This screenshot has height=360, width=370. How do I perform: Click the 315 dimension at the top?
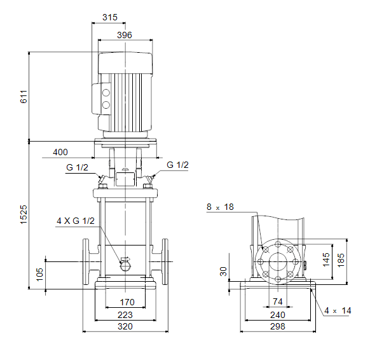(x=110, y=17)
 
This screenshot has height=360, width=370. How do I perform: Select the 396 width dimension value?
(x=125, y=35)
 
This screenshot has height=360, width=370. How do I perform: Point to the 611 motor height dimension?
(x=24, y=97)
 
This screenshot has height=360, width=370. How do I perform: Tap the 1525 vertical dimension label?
(x=24, y=214)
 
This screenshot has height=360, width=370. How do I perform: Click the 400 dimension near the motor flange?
(x=60, y=152)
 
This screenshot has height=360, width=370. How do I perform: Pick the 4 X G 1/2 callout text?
(x=76, y=221)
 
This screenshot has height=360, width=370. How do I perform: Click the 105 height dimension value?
(x=39, y=274)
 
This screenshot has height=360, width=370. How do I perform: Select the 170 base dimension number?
(x=127, y=302)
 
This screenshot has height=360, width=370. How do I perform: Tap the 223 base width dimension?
(x=125, y=315)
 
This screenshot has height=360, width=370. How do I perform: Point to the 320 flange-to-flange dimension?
(x=125, y=326)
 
